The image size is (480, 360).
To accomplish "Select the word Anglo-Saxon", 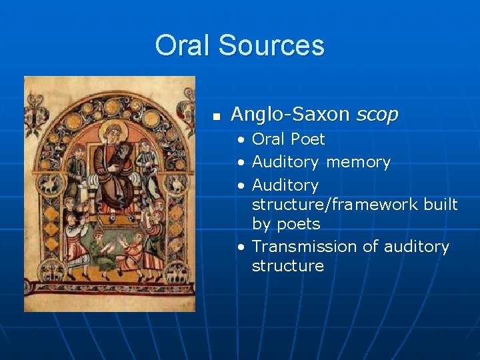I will (x=290, y=115).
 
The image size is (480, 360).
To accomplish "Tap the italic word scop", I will (x=377, y=115).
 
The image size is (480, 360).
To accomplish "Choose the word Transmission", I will (x=305, y=247).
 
